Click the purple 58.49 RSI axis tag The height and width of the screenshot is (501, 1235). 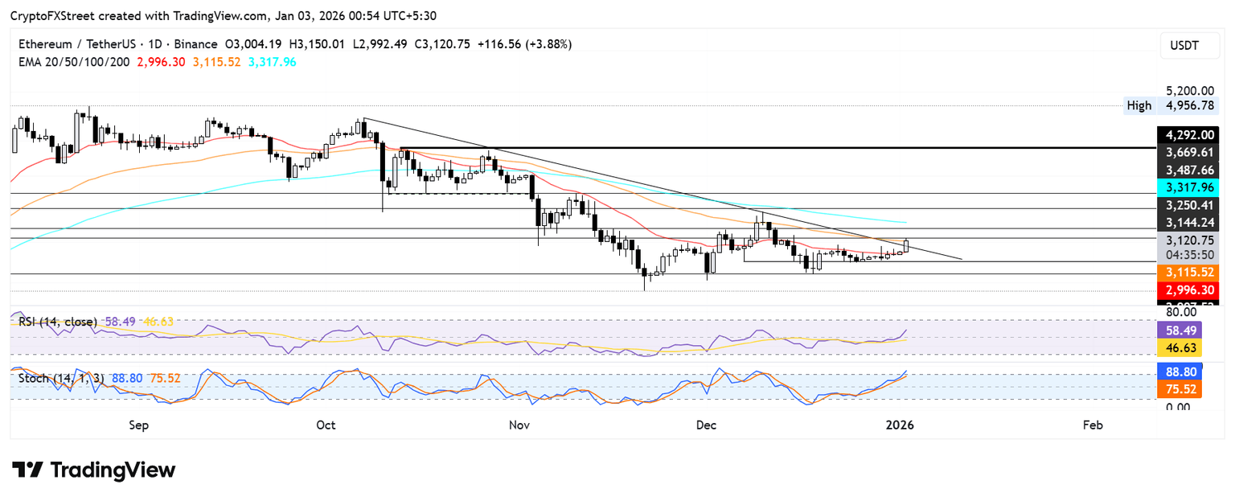point(1180,330)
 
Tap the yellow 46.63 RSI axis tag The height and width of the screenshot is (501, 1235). point(1180,347)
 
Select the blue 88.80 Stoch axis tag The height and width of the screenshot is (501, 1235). point(1180,372)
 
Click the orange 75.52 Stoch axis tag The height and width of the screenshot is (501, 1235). point(1180,389)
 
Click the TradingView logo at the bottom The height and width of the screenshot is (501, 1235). point(94,470)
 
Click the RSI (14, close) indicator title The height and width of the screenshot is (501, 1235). point(57,322)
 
